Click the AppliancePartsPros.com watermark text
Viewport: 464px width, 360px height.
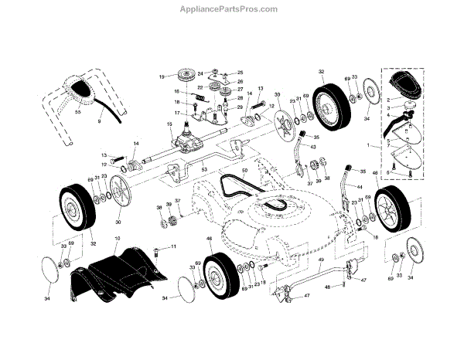232,9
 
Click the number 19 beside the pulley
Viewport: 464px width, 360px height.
161,76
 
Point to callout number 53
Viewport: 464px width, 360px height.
205,168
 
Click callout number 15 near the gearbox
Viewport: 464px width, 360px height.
168,124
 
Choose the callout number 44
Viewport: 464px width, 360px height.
360,186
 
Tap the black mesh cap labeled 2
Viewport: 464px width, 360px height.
401,83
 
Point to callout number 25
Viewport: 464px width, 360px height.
240,72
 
